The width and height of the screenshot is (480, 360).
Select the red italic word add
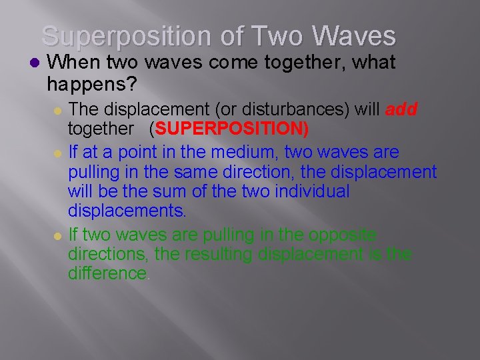tap(401, 109)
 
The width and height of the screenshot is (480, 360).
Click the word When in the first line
tap(70, 63)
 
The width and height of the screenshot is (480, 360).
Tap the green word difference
tap(107, 273)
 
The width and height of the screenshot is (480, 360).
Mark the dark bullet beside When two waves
tap(35, 63)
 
